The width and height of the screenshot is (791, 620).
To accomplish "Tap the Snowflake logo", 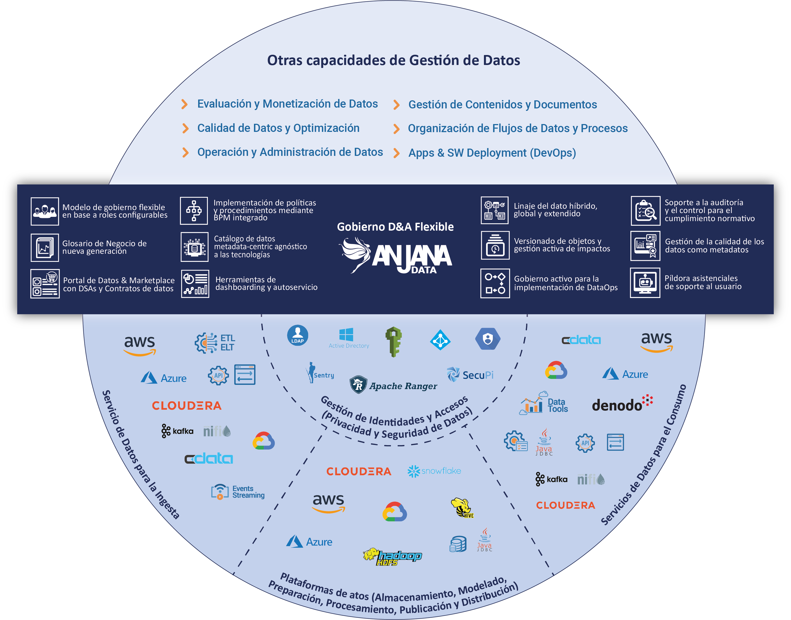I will point(434,471).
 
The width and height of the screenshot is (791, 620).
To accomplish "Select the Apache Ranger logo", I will point(393,385).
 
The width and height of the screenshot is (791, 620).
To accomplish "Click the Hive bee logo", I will point(462,508).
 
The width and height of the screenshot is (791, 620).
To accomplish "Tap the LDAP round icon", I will point(298,335).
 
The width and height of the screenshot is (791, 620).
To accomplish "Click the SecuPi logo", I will point(470,374).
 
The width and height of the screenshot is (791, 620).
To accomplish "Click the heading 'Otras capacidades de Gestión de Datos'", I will point(393,60).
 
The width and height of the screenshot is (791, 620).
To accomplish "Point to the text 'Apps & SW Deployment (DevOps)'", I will point(492,153).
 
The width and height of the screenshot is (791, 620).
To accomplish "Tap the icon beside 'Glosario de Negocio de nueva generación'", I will point(45,248).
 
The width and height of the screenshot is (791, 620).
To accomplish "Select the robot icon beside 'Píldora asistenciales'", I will point(645,283).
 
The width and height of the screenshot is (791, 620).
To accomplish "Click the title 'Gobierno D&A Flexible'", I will point(395,227).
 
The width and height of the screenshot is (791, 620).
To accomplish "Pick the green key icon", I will point(394,341).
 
